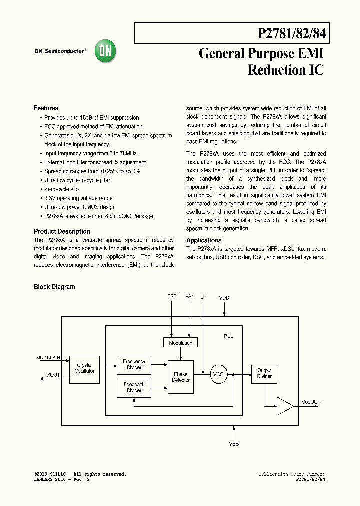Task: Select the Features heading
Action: click(46, 108)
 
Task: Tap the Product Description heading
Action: click(62, 232)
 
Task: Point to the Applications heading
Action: click(204, 241)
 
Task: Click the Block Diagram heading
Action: click(54, 287)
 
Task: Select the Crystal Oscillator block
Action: click(84, 368)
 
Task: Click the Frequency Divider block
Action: click(134, 364)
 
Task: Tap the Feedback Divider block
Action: click(134, 387)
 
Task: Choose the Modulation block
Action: click(180, 343)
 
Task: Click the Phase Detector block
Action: click(180, 377)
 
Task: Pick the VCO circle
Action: click(218, 374)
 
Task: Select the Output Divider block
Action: click(264, 374)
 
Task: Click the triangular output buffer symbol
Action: click(285, 406)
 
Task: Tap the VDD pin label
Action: click(224, 298)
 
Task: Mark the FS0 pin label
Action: click(172, 297)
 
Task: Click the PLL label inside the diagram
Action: click(228, 336)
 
